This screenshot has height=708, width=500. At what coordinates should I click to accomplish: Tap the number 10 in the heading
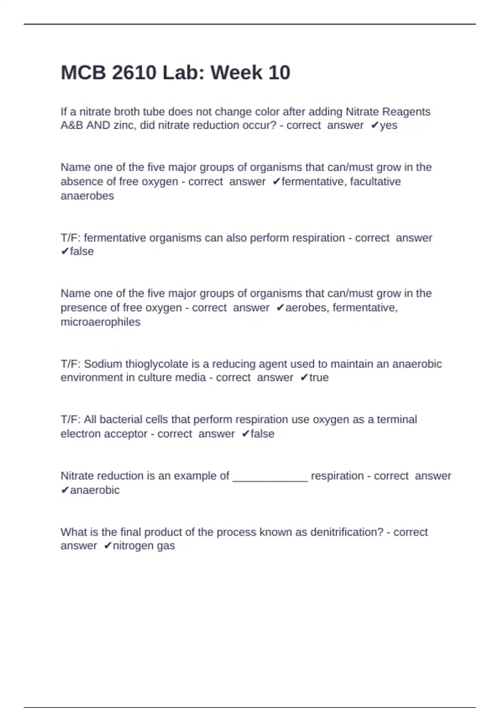point(279,73)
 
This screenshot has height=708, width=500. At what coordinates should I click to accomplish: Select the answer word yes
point(388,125)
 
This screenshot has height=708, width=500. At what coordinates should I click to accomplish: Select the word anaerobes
point(87,196)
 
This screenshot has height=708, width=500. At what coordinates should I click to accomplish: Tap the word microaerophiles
point(100,322)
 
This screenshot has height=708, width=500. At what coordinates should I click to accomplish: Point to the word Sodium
point(101,364)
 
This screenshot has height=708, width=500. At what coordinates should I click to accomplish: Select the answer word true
point(319,378)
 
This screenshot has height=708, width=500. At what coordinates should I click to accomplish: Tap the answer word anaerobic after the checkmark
point(95,490)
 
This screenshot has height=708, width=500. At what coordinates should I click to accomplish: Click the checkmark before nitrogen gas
point(107,546)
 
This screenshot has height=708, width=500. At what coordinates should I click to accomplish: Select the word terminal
point(397,419)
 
